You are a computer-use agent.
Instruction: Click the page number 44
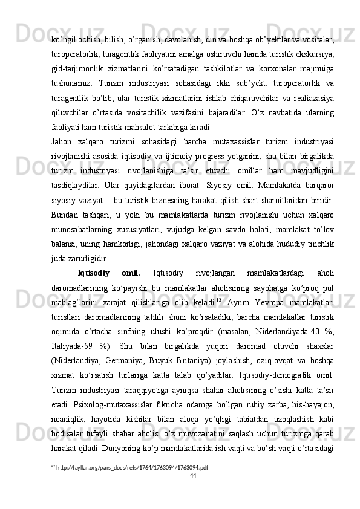[193, 493]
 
